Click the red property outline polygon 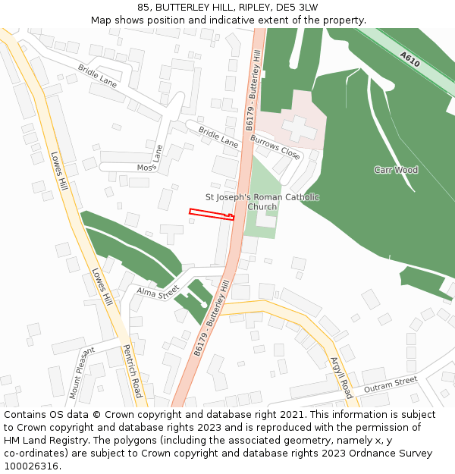click(210, 213)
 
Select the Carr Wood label click(396, 170)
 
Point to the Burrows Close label click(275, 146)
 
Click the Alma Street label click(157, 291)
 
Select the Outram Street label click(391, 384)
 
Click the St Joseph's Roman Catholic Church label click(263, 202)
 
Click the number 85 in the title click(144, 8)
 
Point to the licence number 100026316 click(32, 466)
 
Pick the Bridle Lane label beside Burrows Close click(218, 137)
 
